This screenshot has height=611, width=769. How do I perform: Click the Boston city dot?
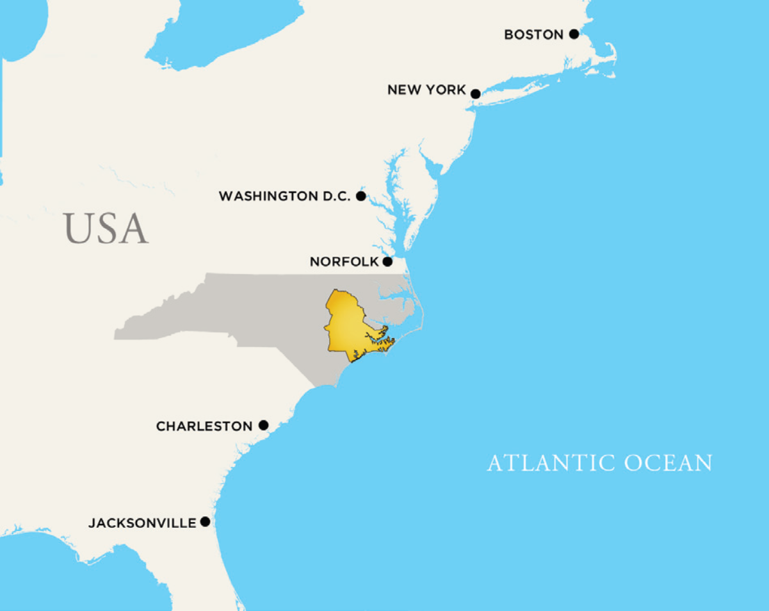pos(574,34)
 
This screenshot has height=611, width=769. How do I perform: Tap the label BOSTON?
pos(533,35)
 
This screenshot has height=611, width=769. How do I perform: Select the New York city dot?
pos(475,94)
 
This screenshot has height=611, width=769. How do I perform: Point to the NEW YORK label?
pos(426,90)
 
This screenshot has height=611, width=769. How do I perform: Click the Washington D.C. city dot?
pos(360,196)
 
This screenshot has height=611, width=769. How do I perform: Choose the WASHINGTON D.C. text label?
pos(284,196)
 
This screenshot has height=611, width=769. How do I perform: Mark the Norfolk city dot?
pos(387,262)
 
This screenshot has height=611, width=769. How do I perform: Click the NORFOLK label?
pos(344,262)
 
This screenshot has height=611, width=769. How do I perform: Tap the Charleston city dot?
pos(263,425)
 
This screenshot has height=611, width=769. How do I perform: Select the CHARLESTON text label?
pos(204,427)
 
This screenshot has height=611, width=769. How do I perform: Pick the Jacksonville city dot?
pos(205,522)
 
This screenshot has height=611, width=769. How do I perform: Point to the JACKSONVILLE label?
pos(142,523)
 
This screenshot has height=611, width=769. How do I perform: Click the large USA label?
pos(106,229)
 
